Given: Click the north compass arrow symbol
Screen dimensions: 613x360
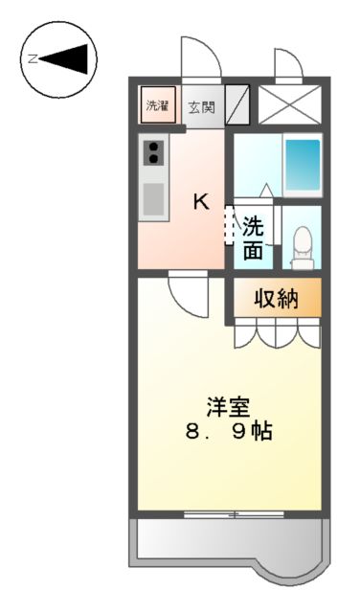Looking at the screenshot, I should (x=59, y=58).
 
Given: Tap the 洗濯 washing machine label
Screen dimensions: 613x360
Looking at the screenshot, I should (x=156, y=106).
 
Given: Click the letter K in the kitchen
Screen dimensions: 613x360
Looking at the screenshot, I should (x=201, y=202).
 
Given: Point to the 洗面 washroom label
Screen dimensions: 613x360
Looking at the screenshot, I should (x=252, y=238).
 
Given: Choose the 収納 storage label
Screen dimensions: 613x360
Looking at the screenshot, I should (x=275, y=299).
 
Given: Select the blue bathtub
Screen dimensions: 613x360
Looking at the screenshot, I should (x=303, y=164).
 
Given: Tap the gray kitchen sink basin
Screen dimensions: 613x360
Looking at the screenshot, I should (x=153, y=199).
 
